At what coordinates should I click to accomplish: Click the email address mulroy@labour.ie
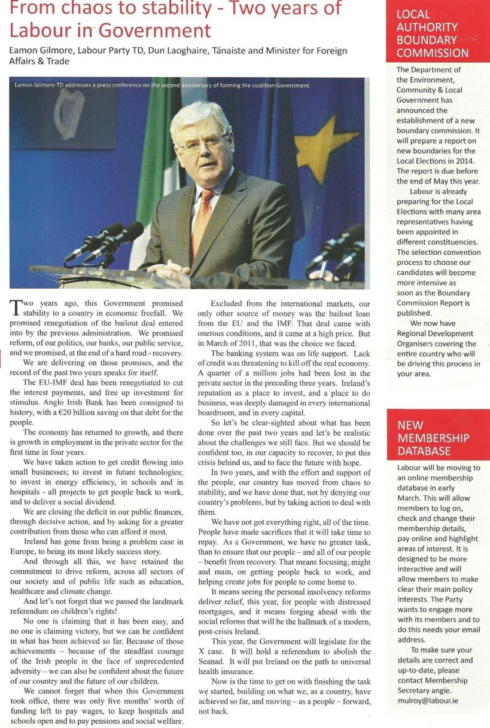(427, 700)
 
